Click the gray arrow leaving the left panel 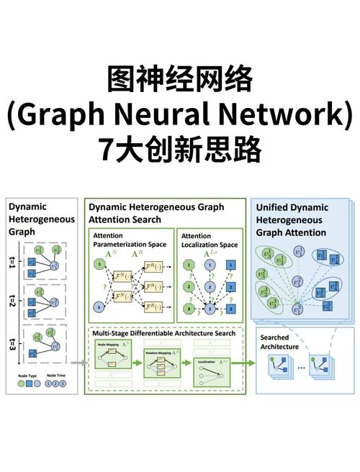point(80,363)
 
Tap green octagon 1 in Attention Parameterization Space point(99,265)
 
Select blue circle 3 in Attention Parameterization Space point(99,309)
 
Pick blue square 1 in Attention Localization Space point(231,265)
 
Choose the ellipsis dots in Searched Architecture point(300,368)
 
